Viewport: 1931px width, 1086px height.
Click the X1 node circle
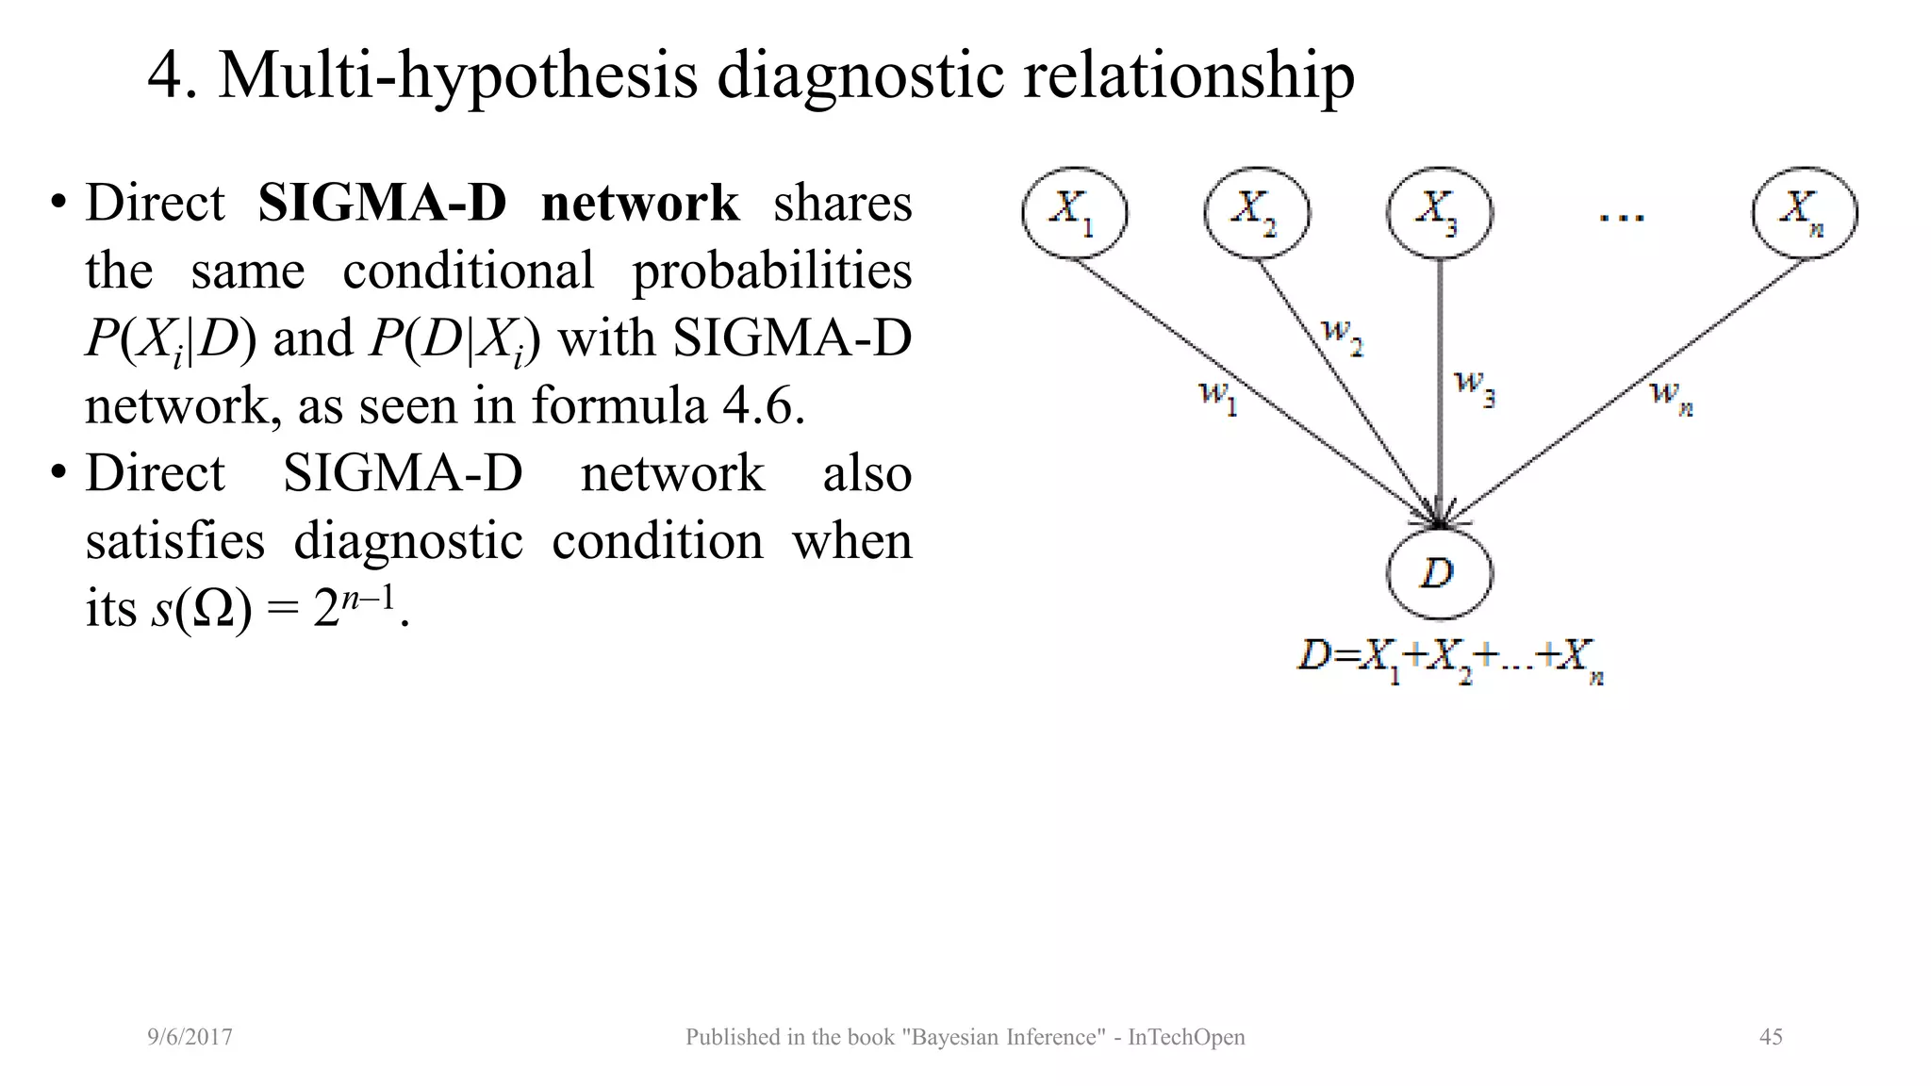(1074, 212)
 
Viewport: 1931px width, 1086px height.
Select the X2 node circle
(1256, 212)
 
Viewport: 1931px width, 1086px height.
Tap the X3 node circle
(1439, 212)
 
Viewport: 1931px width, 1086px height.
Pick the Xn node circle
(1804, 212)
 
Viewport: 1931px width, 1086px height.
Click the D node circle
(1439, 573)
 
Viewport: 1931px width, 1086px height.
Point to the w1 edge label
(1217, 396)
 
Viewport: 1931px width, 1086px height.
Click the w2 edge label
(1343, 336)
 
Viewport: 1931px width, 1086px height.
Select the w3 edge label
(1475, 387)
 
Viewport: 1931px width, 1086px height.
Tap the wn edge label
(1671, 396)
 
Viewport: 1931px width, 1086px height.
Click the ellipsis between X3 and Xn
(1622, 216)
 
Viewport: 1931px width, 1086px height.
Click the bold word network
(640, 203)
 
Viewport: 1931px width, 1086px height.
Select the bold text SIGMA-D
(382, 203)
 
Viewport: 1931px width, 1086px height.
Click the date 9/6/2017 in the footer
(190, 1037)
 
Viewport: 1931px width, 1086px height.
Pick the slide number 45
(1771, 1037)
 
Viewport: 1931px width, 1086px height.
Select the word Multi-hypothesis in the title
(458, 75)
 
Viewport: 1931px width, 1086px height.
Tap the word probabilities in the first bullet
(771, 271)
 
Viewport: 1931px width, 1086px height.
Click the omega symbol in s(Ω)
(212, 609)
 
